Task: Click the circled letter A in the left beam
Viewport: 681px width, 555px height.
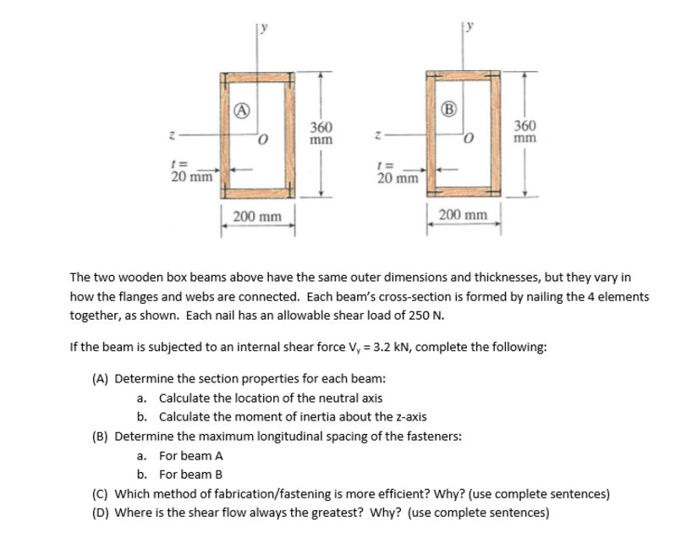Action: coord(241,108)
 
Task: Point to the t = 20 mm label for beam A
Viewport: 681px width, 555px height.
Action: coord(190,172)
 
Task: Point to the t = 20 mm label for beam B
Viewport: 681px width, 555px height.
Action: coord(396,173)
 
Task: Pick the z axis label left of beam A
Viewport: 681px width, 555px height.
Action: coord(173,133)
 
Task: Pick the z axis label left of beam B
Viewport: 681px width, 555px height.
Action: coord(378,133)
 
